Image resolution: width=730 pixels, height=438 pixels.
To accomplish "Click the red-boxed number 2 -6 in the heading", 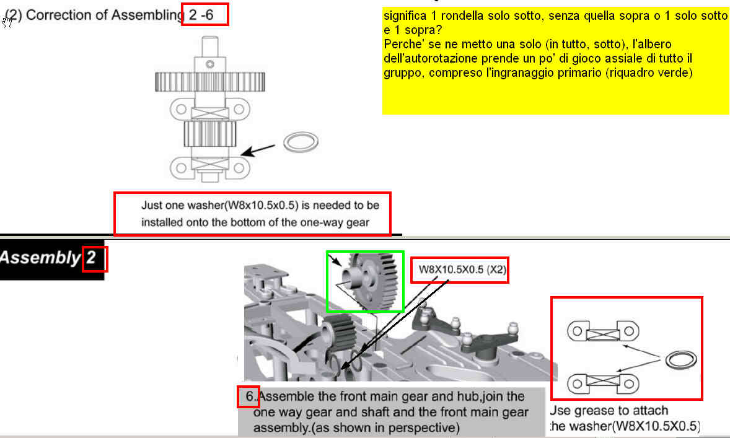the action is pos(201,15).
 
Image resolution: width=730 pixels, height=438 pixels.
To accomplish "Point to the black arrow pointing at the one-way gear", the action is pos(258,151).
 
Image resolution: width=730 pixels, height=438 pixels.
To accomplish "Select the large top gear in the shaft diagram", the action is pos(210,82).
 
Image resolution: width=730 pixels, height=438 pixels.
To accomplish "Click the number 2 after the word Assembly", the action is pos(90,257).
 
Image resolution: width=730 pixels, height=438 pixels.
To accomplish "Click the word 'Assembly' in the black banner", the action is pos(40,258).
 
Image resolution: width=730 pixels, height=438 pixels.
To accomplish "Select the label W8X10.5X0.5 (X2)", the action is pos(462,269).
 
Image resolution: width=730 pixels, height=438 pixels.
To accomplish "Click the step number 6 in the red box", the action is pos(250,396).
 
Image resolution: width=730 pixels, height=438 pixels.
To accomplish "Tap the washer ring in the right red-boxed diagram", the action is pos(681,360).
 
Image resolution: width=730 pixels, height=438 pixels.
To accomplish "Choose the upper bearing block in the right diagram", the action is pos(603,331).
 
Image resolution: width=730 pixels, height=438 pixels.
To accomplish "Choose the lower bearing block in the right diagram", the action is pos(603,383).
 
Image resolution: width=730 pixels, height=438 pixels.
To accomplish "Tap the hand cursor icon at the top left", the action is pos(7,22).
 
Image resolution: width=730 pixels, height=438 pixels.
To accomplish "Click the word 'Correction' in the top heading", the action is pos(59,15).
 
